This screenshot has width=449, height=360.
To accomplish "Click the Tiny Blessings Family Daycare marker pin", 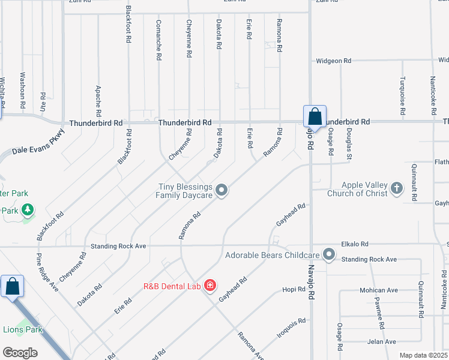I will point(221,191).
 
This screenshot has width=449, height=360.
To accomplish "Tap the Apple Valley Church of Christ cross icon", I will point(396,189).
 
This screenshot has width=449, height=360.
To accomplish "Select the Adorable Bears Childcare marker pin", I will point(329,255).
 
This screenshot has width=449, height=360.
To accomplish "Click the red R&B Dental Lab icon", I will point(210,285).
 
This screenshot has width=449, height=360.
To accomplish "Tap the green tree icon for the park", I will point(27,210).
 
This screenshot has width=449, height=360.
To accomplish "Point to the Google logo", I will point(20,353).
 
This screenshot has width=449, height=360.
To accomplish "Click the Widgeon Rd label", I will point(333,61).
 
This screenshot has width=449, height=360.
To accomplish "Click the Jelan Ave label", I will point(382,341).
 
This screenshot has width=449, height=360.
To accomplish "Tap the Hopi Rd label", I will point(294,289).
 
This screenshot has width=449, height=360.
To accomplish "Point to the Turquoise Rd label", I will point(402,96).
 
